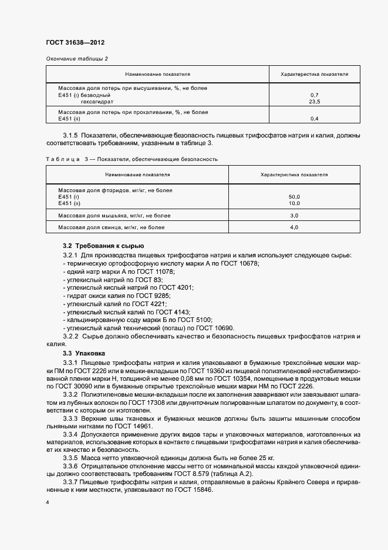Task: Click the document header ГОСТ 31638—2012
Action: coord(75,42)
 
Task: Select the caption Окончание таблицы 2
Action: coord(76,58)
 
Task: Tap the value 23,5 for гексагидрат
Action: coord(314,102)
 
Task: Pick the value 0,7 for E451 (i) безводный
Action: coord(314,95)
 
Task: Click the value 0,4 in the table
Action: coord(314,119)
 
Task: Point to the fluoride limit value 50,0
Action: coord(295,196)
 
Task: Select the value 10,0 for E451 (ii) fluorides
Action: coord(295,203)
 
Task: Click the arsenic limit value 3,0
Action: coord(295,216)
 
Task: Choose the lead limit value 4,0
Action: coord(295,227)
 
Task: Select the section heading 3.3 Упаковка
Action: coord(84,353)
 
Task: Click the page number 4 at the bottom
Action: coord(47,504)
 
